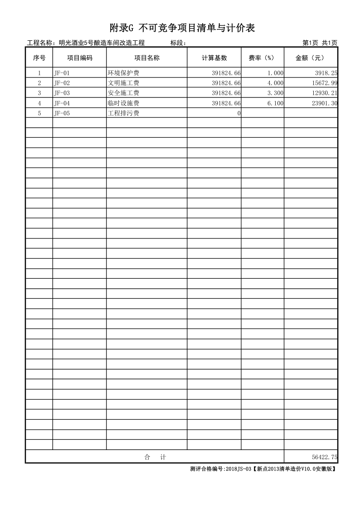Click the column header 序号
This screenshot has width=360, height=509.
coord(39,58)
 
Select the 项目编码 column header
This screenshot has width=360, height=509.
coord(79,58)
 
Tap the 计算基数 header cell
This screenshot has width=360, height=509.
coord(214,58)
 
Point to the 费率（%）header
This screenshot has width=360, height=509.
coord(262,58)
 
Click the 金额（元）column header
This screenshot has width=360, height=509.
coord(310,58)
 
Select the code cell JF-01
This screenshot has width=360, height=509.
coord(62,73)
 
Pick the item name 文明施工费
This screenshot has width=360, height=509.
coord(123,83)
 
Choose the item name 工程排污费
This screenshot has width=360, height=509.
coord(123,113)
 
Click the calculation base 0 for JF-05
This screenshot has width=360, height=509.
coord(238,113)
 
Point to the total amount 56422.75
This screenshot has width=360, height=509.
coord(325,457)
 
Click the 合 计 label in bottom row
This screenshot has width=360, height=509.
coord(154,457)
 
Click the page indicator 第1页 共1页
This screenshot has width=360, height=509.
coord(320,43)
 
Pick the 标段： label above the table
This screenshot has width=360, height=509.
coord(179,43)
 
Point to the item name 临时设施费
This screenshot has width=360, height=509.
coord(123,103)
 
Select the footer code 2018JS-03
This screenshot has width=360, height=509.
coord(238,469)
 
